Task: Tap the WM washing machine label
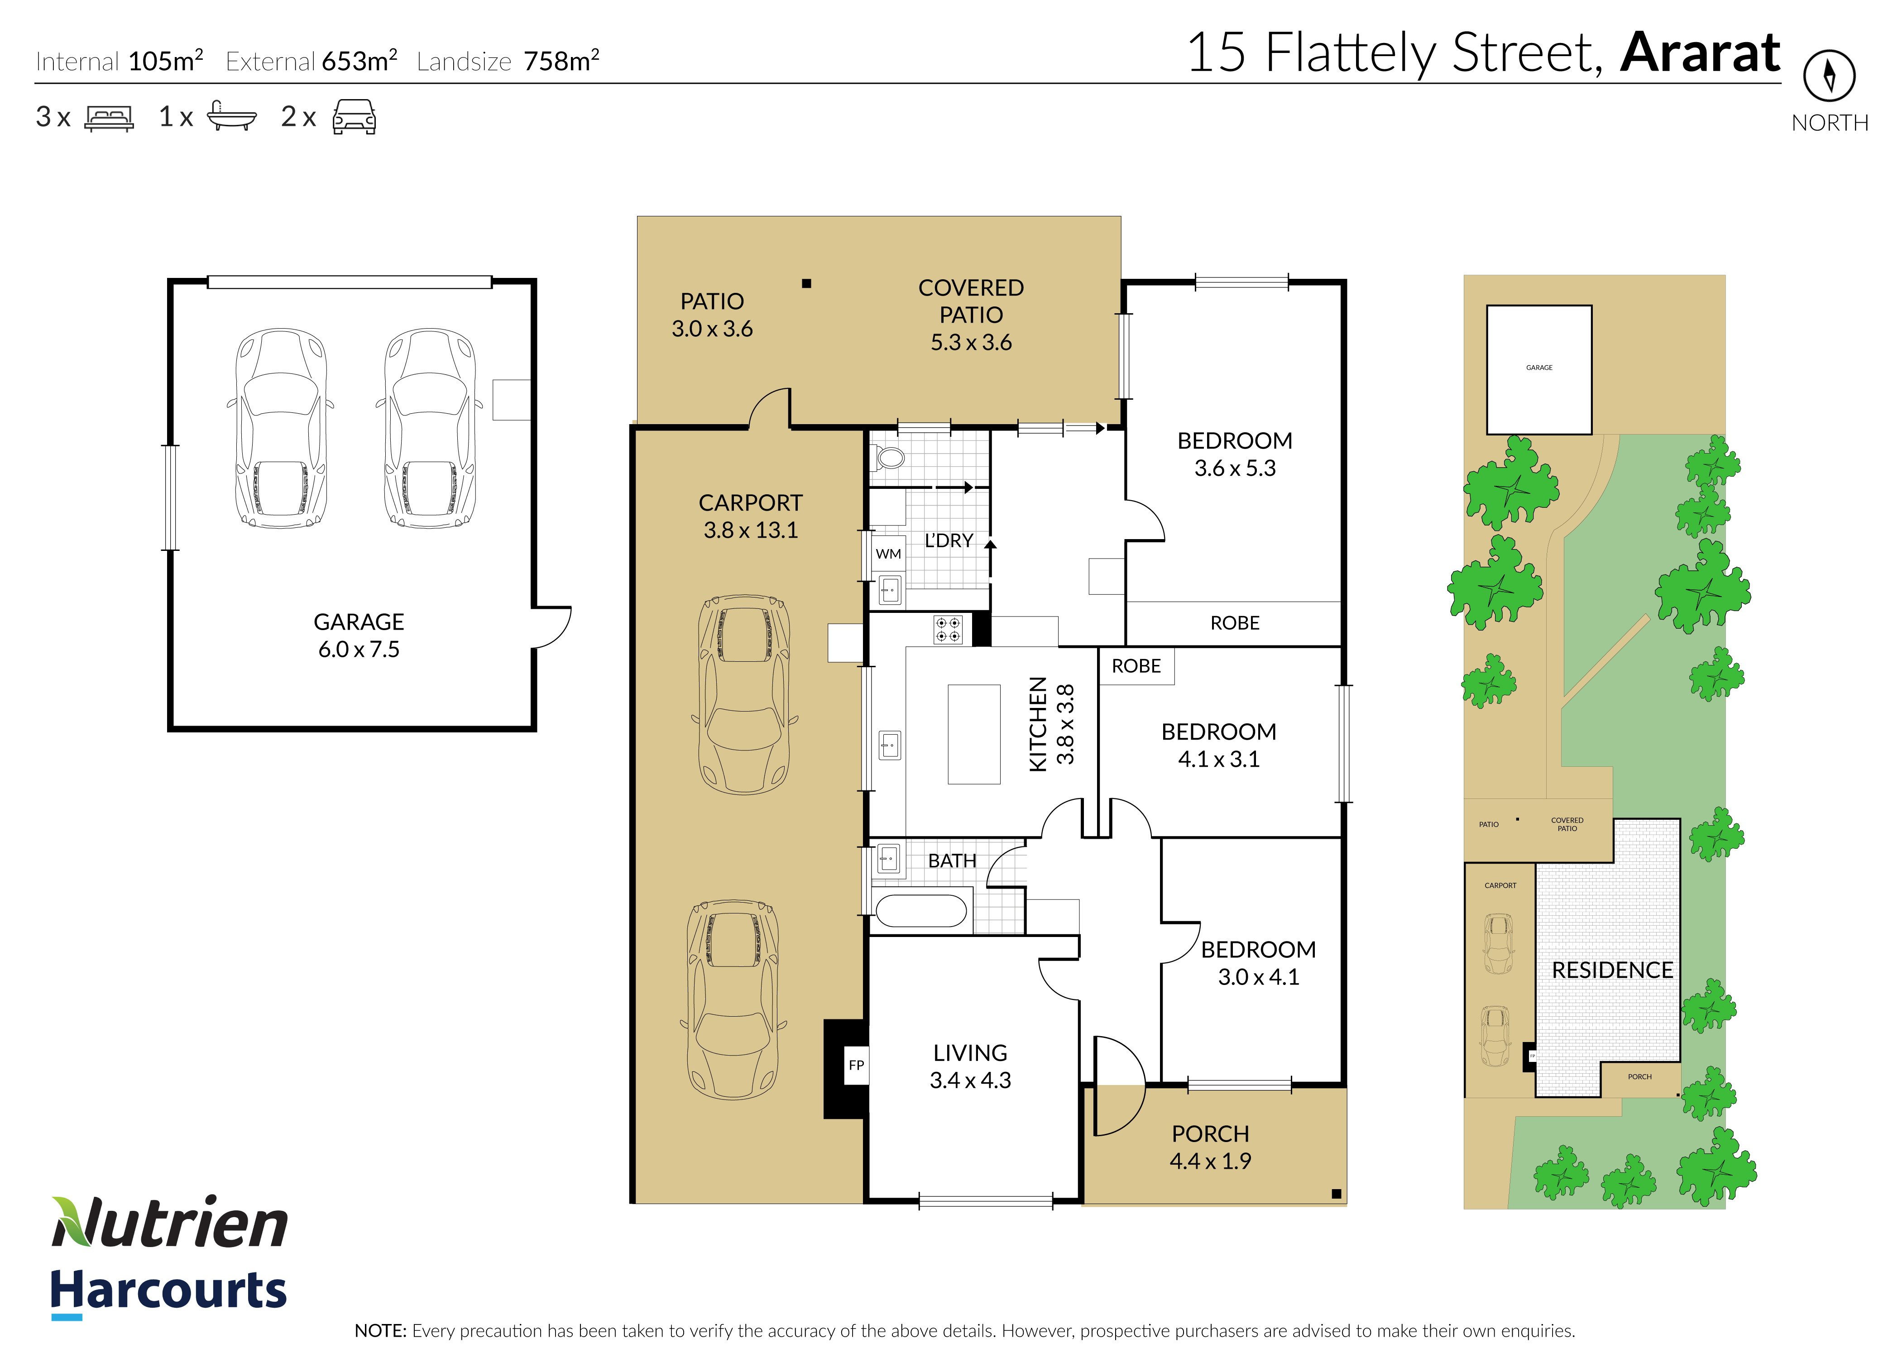(888, 554)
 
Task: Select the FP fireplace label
(857, 1065)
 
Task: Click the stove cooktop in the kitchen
(948, 629)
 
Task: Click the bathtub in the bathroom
(921, 911)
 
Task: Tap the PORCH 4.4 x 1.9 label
(1211, 1147)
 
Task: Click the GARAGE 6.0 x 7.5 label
(359, 635)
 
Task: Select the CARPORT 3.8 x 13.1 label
(751, 516)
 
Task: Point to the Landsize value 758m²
(561, 61)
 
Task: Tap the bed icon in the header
(109, 118)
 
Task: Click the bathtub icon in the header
(232, 117)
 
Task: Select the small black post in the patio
(806, 283)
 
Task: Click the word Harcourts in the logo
(168, 1291)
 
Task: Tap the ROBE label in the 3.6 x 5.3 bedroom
(1235, 623)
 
